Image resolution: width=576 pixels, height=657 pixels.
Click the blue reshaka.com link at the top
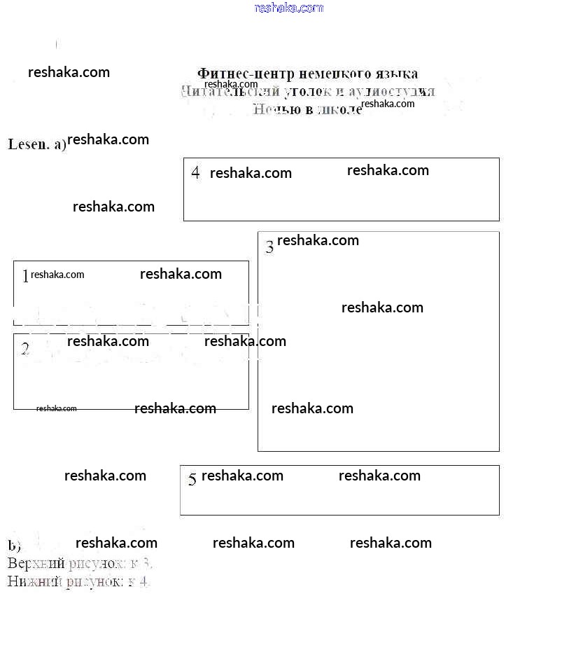click(289, 8)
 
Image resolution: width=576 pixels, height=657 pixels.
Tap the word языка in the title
click(395, 74)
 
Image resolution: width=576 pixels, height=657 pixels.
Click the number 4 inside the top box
click(195, 172)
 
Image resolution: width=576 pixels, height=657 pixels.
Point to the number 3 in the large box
click(269, 247)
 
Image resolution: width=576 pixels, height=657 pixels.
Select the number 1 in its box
click(25, 276)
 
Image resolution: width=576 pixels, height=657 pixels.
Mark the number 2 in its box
click(25, 348)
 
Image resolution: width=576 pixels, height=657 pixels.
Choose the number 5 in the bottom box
click(192, 480)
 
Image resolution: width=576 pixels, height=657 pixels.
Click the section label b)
click(14, 546)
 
